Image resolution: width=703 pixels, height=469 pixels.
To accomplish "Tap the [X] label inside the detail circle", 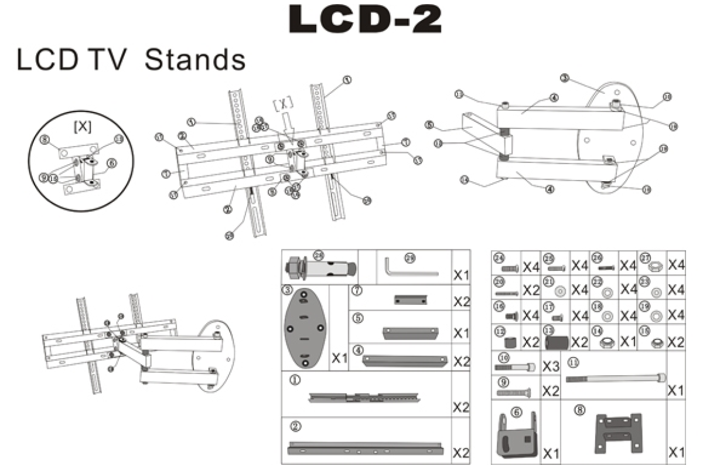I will (x=81, y=126).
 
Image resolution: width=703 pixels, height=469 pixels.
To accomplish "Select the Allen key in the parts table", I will (x=409, y=267).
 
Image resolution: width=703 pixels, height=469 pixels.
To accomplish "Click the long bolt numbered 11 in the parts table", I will (x=615, y=379).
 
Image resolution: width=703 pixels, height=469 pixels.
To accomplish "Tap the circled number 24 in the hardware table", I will (x=499, y=259).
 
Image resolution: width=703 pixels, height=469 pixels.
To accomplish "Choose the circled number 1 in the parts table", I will (x=296, y=380).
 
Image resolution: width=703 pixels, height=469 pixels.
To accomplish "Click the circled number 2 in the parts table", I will (x=296, y=425).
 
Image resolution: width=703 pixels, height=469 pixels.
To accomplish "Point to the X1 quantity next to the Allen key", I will (x=460, y=274).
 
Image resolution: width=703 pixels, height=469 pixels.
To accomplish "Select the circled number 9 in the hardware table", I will (x=502, y=380).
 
